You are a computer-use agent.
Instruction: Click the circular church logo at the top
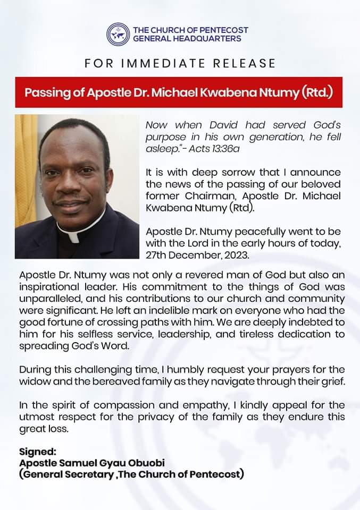[118, 34]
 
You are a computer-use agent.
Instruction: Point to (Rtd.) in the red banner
[317, 92]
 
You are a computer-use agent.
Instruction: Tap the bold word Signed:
[37, 452]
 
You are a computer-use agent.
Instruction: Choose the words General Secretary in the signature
[61, 473]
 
